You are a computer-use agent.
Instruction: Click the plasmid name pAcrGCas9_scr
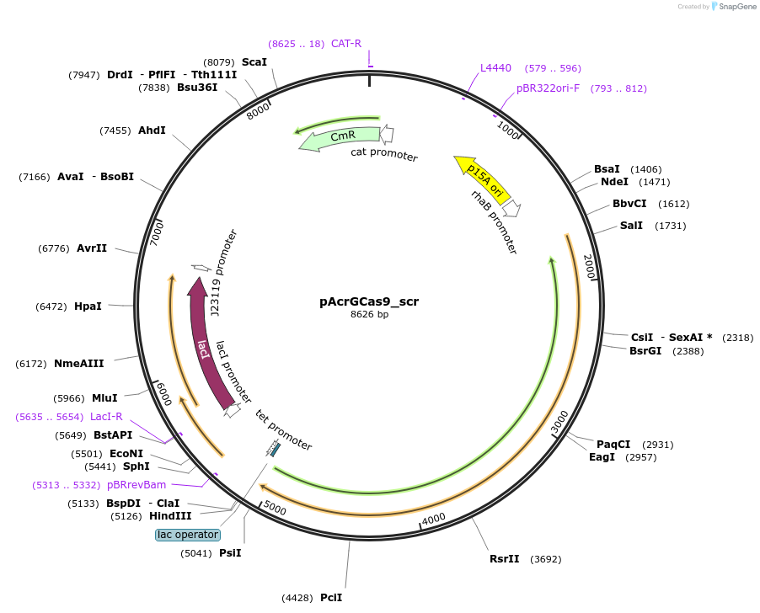click(x=369, y=301)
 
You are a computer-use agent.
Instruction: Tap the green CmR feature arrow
click(x=340, y=137)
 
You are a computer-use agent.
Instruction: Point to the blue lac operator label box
click(x=188, y=535)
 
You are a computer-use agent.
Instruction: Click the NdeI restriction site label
click(x=614, y=182)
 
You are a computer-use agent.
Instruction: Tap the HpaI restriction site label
click(x=88, y=306)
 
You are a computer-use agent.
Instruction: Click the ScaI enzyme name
click(x=254, y=62)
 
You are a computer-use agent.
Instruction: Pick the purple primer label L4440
click(x=495, y=68)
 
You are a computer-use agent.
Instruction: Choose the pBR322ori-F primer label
click(x=548, y=88)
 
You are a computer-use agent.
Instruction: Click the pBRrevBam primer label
click(x=136, y=485)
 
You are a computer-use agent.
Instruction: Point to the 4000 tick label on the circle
click(x=433, y=520)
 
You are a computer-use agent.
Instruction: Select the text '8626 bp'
click(x=369, y=315)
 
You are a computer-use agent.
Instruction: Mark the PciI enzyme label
click(x=331, y=598)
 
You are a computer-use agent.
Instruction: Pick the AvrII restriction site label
click(x=92, y=248)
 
